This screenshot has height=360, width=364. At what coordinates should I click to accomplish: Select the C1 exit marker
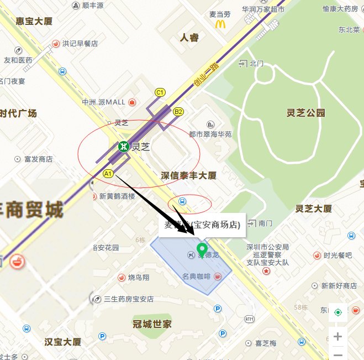pyautogui.click(x=160, y=92)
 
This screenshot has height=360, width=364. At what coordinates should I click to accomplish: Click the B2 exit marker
pyautogui.click(x=178, y=112)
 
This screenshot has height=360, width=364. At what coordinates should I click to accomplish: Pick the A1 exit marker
pyautogui.click(x=108, y=174)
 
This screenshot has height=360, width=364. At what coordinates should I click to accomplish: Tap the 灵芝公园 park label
pyautogui.click(x=306, y=113)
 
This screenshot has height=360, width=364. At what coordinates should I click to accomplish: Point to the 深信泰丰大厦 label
pyautogui.click(x=188, y=175)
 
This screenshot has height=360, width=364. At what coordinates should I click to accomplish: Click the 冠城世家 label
pyautogui.click(x=152, y=324)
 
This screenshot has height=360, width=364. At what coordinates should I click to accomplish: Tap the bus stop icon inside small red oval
pyautogui.click(x=183, y=201)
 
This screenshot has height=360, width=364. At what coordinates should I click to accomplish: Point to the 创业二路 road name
pyautogui.click(x=203, y=75)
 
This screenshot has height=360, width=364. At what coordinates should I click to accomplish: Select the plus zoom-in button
pyautogui.click(x=337, y=336)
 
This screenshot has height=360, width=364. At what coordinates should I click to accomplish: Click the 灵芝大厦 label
pyautogui.click(x=313, y=208)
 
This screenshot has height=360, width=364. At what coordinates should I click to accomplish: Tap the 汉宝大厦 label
pyautogui.click(x=62, y=342)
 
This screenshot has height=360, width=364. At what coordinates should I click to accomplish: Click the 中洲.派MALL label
pyautogui.click(x=103, y=102)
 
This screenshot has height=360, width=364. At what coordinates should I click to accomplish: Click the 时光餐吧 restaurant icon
pyautogui.click(x=317, y=255)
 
